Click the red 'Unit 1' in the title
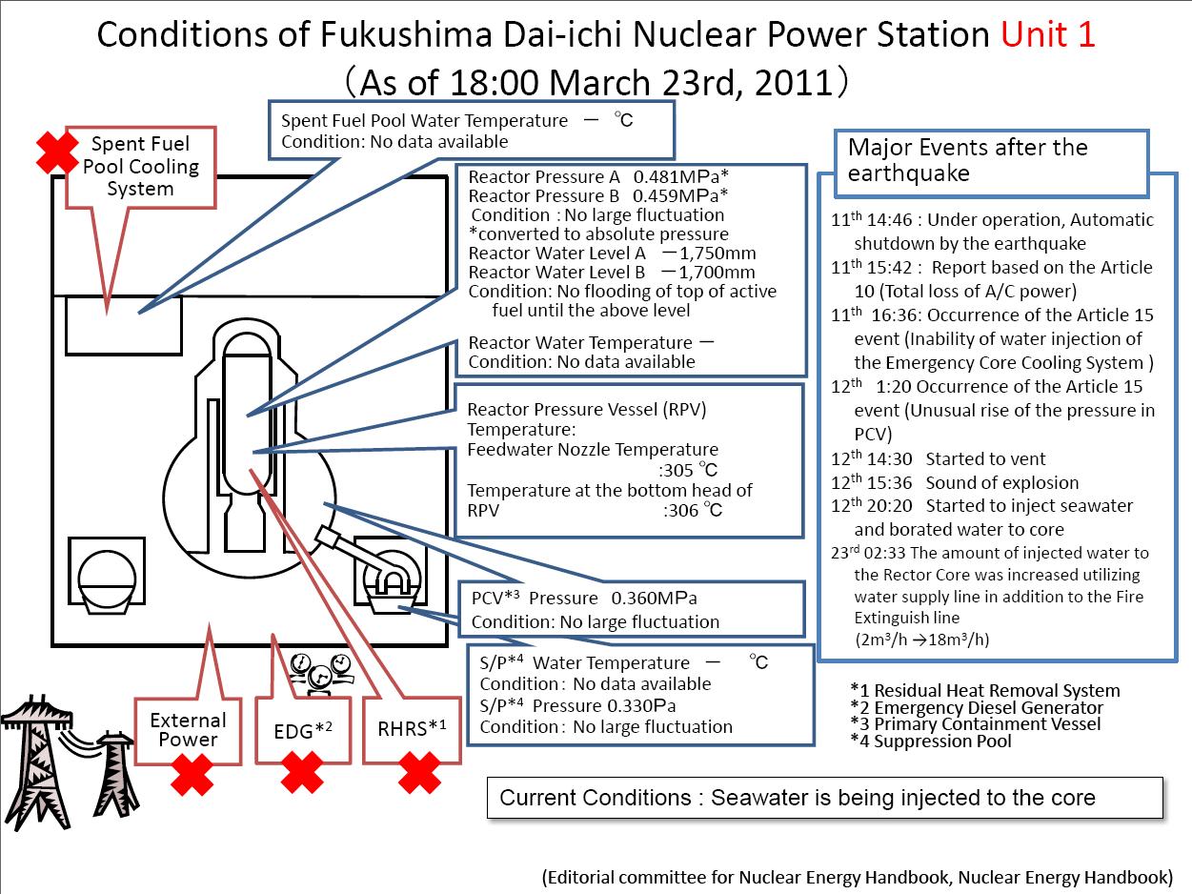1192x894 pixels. point(1047,34)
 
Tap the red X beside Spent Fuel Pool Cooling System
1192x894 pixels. point(57,153)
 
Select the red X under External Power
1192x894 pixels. point(192,775)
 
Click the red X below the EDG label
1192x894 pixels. point(302,773)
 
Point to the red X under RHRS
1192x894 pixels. point(419,773)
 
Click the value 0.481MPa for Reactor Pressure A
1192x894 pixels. point(680,176)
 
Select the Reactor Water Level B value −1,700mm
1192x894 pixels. point(709,272)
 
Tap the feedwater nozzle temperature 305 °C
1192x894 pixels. point(688,469)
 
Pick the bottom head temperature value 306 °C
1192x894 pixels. point(693,510)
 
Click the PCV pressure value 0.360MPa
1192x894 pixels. point(654,598)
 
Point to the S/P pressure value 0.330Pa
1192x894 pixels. point(641,705)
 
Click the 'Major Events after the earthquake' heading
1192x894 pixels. point(967,160)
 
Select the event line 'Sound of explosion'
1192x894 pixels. point(1002,482)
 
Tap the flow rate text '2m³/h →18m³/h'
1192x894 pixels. point(922,640)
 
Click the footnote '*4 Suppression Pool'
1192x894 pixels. point(931,741)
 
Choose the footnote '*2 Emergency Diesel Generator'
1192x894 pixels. point(977,707)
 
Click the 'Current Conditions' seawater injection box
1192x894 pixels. point(825,798)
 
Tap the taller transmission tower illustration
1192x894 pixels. point(37,763)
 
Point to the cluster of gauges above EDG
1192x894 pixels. point(320,674)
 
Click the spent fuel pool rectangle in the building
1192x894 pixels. point(123,325)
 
